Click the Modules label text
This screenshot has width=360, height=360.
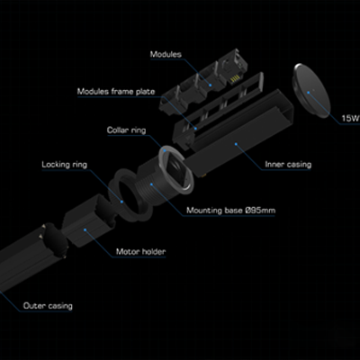(x=166, y=54)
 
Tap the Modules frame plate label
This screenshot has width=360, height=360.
(x=116, y=91)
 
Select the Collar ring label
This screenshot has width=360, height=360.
(x=126, y=130)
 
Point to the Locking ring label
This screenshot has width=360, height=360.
(x=65, y=165)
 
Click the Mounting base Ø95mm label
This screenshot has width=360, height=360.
(x=230, y=211)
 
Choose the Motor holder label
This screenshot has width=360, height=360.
(x=140, y=251)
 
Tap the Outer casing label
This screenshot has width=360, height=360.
(x=48, y=306)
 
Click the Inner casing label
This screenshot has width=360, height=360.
(x=288, y=165)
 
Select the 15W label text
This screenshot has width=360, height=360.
(x=350, y=119)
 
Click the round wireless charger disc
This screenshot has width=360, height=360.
(x=311, y=91)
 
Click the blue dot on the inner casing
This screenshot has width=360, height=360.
(x=236, y=144)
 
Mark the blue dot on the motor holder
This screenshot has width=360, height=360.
(x=85, y=229)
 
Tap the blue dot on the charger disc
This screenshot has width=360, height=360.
(x=308, y=93)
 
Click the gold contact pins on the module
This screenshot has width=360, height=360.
(x=235, y=79)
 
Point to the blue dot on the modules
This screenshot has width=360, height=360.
(x=211, y=85)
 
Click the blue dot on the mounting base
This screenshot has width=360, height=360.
(x=151, y=184)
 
